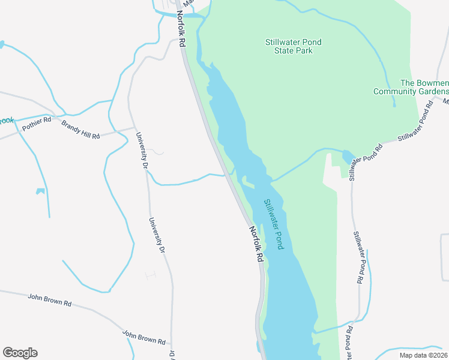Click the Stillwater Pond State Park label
pyautogui.click(x=293, y=46)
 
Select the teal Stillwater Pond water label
pyautogui.click(x=273, y=224)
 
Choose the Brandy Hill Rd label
pyautogui.click(x=80, y=130)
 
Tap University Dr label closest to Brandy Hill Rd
pyautogui.click(x=143, y=149)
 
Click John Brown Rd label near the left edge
pyautogui.click(x=50, y=300)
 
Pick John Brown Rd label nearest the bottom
pyautogui.click(x=143, y=337)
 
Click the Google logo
pyautogui.click(x=20, y=353)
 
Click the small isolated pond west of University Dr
pyautogui.click(x=40, y=191)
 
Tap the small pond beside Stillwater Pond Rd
pyautogui.click(x=348, y=157)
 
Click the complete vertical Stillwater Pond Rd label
pyautogui.click(x=359, y=258)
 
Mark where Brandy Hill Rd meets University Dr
pyautogui.click(x=133, y=128)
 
